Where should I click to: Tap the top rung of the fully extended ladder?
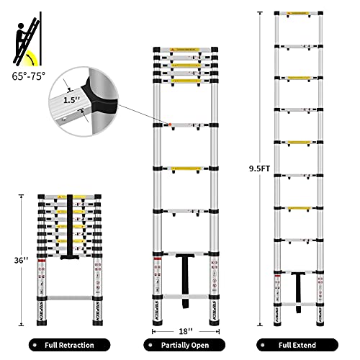[x=298, y=12]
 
